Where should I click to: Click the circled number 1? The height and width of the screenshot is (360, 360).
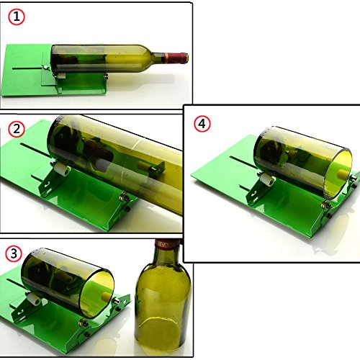point(17,17)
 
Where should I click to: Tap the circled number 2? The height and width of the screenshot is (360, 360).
point(17,129)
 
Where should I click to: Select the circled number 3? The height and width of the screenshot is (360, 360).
point(14,253)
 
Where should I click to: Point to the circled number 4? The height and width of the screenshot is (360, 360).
point(202,124)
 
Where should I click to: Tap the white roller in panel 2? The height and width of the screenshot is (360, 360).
point(62,170)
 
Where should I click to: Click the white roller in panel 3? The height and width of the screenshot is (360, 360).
point(35,299)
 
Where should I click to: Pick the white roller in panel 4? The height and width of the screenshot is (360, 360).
point(268,180)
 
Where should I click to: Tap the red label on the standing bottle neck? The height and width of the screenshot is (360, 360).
point(168,244)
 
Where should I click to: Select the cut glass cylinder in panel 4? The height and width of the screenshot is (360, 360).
point(303,163)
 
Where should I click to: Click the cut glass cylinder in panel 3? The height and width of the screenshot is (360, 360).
point(68,283)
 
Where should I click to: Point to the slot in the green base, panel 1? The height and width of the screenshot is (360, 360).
point(27,68)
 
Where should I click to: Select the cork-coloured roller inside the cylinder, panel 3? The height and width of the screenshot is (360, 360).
point(107,296)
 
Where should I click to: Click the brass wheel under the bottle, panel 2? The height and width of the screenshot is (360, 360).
point(124,196)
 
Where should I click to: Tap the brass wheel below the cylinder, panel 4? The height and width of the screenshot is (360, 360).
point(325,204)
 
